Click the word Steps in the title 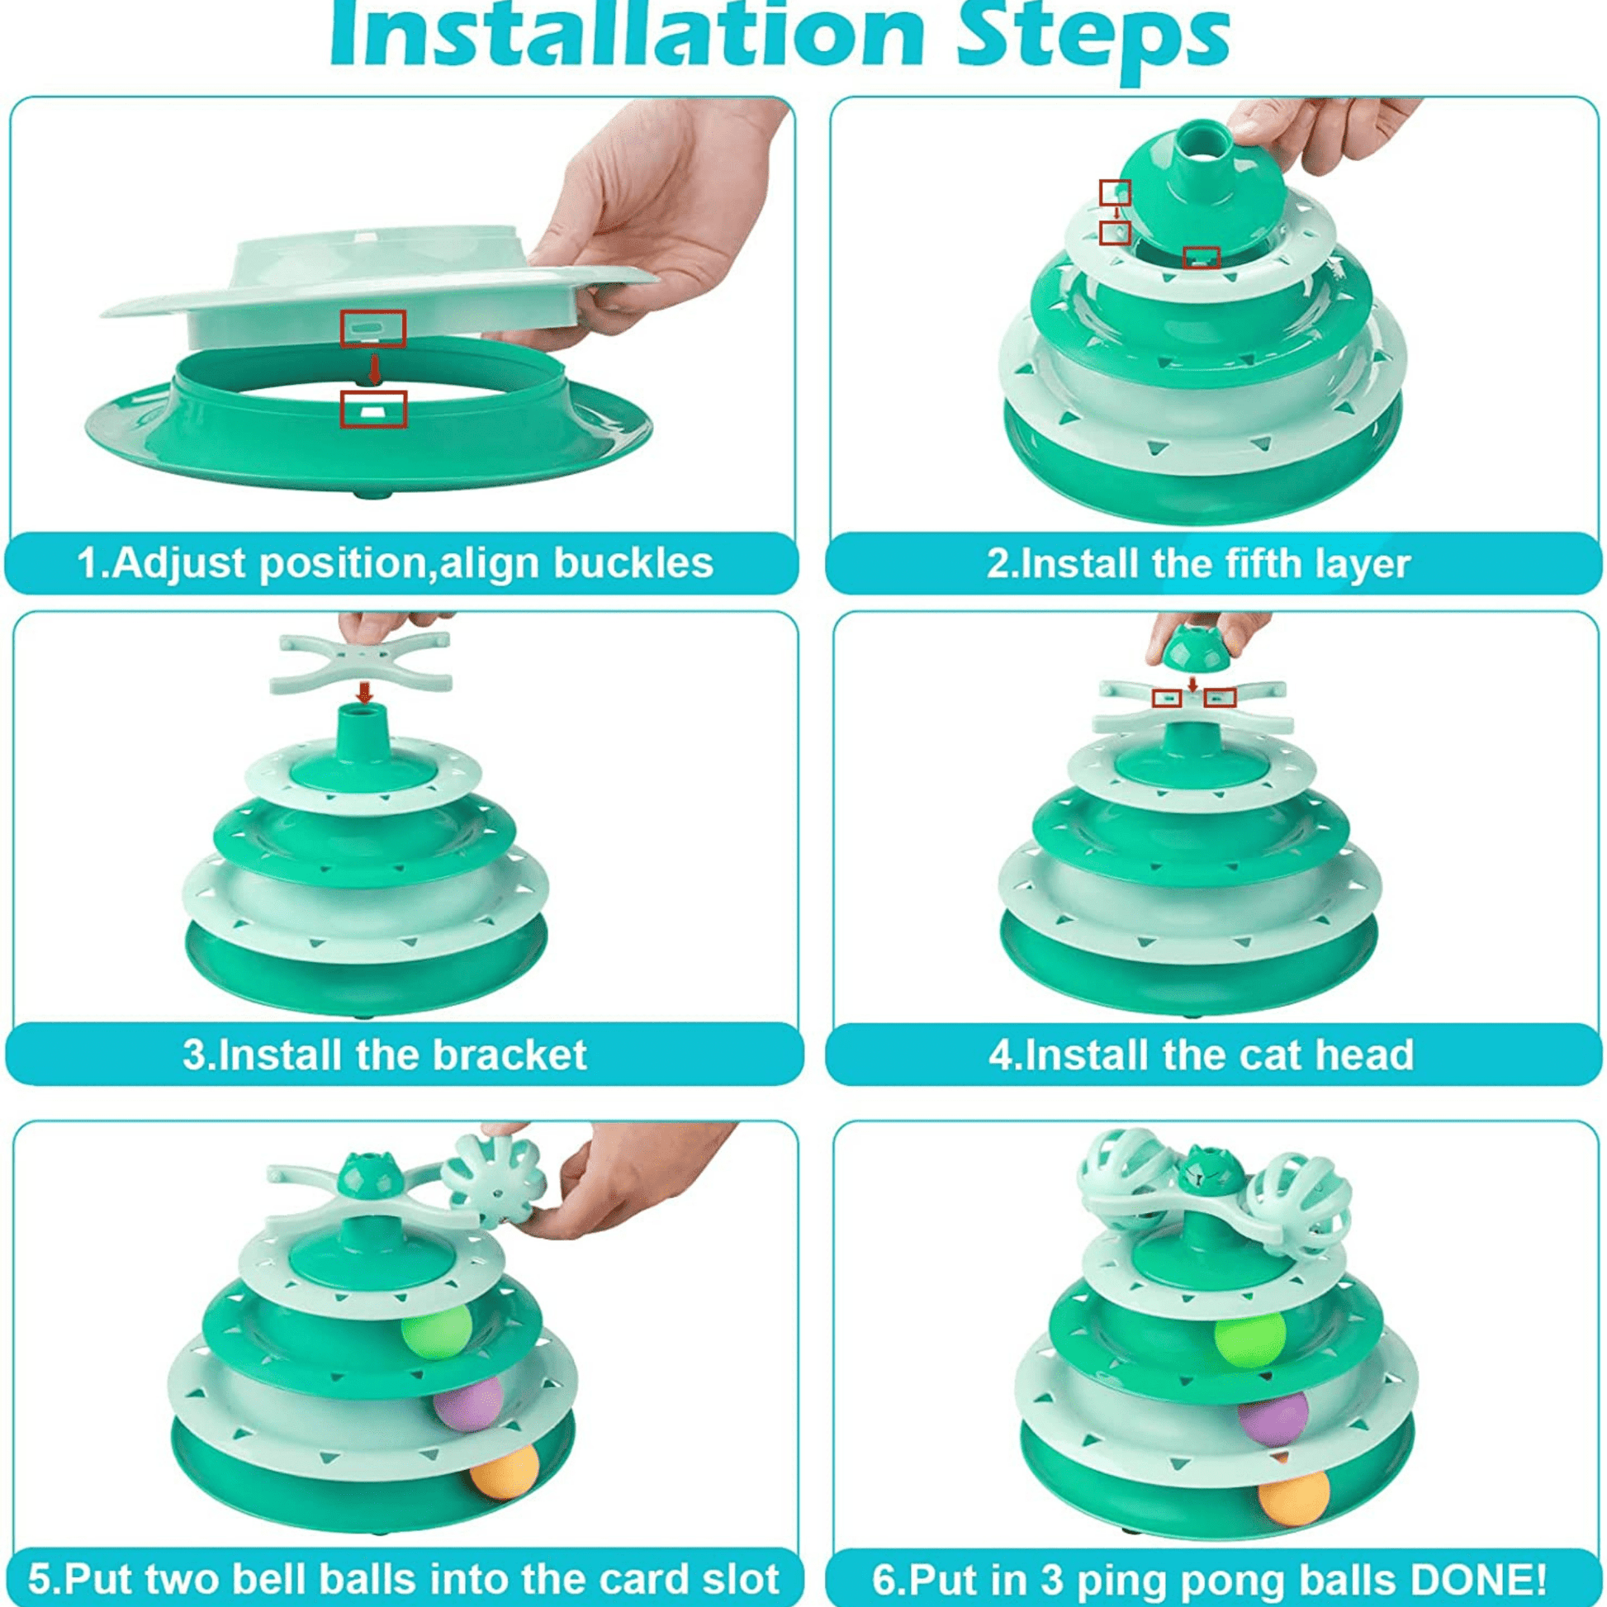(x=1093, y=37)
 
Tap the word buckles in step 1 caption (x=634, y=562)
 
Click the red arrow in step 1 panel (x=374, y=370)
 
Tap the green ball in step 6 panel (x=1249, y=1339)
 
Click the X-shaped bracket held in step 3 (x=361, y=661)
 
